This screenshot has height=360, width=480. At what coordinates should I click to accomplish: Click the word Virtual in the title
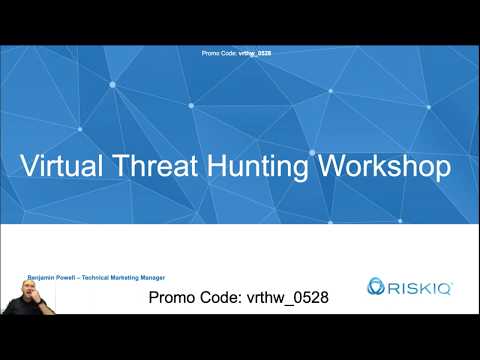click(x=67, y=167)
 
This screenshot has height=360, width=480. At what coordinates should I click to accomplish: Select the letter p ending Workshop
click(x=441, y=169)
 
